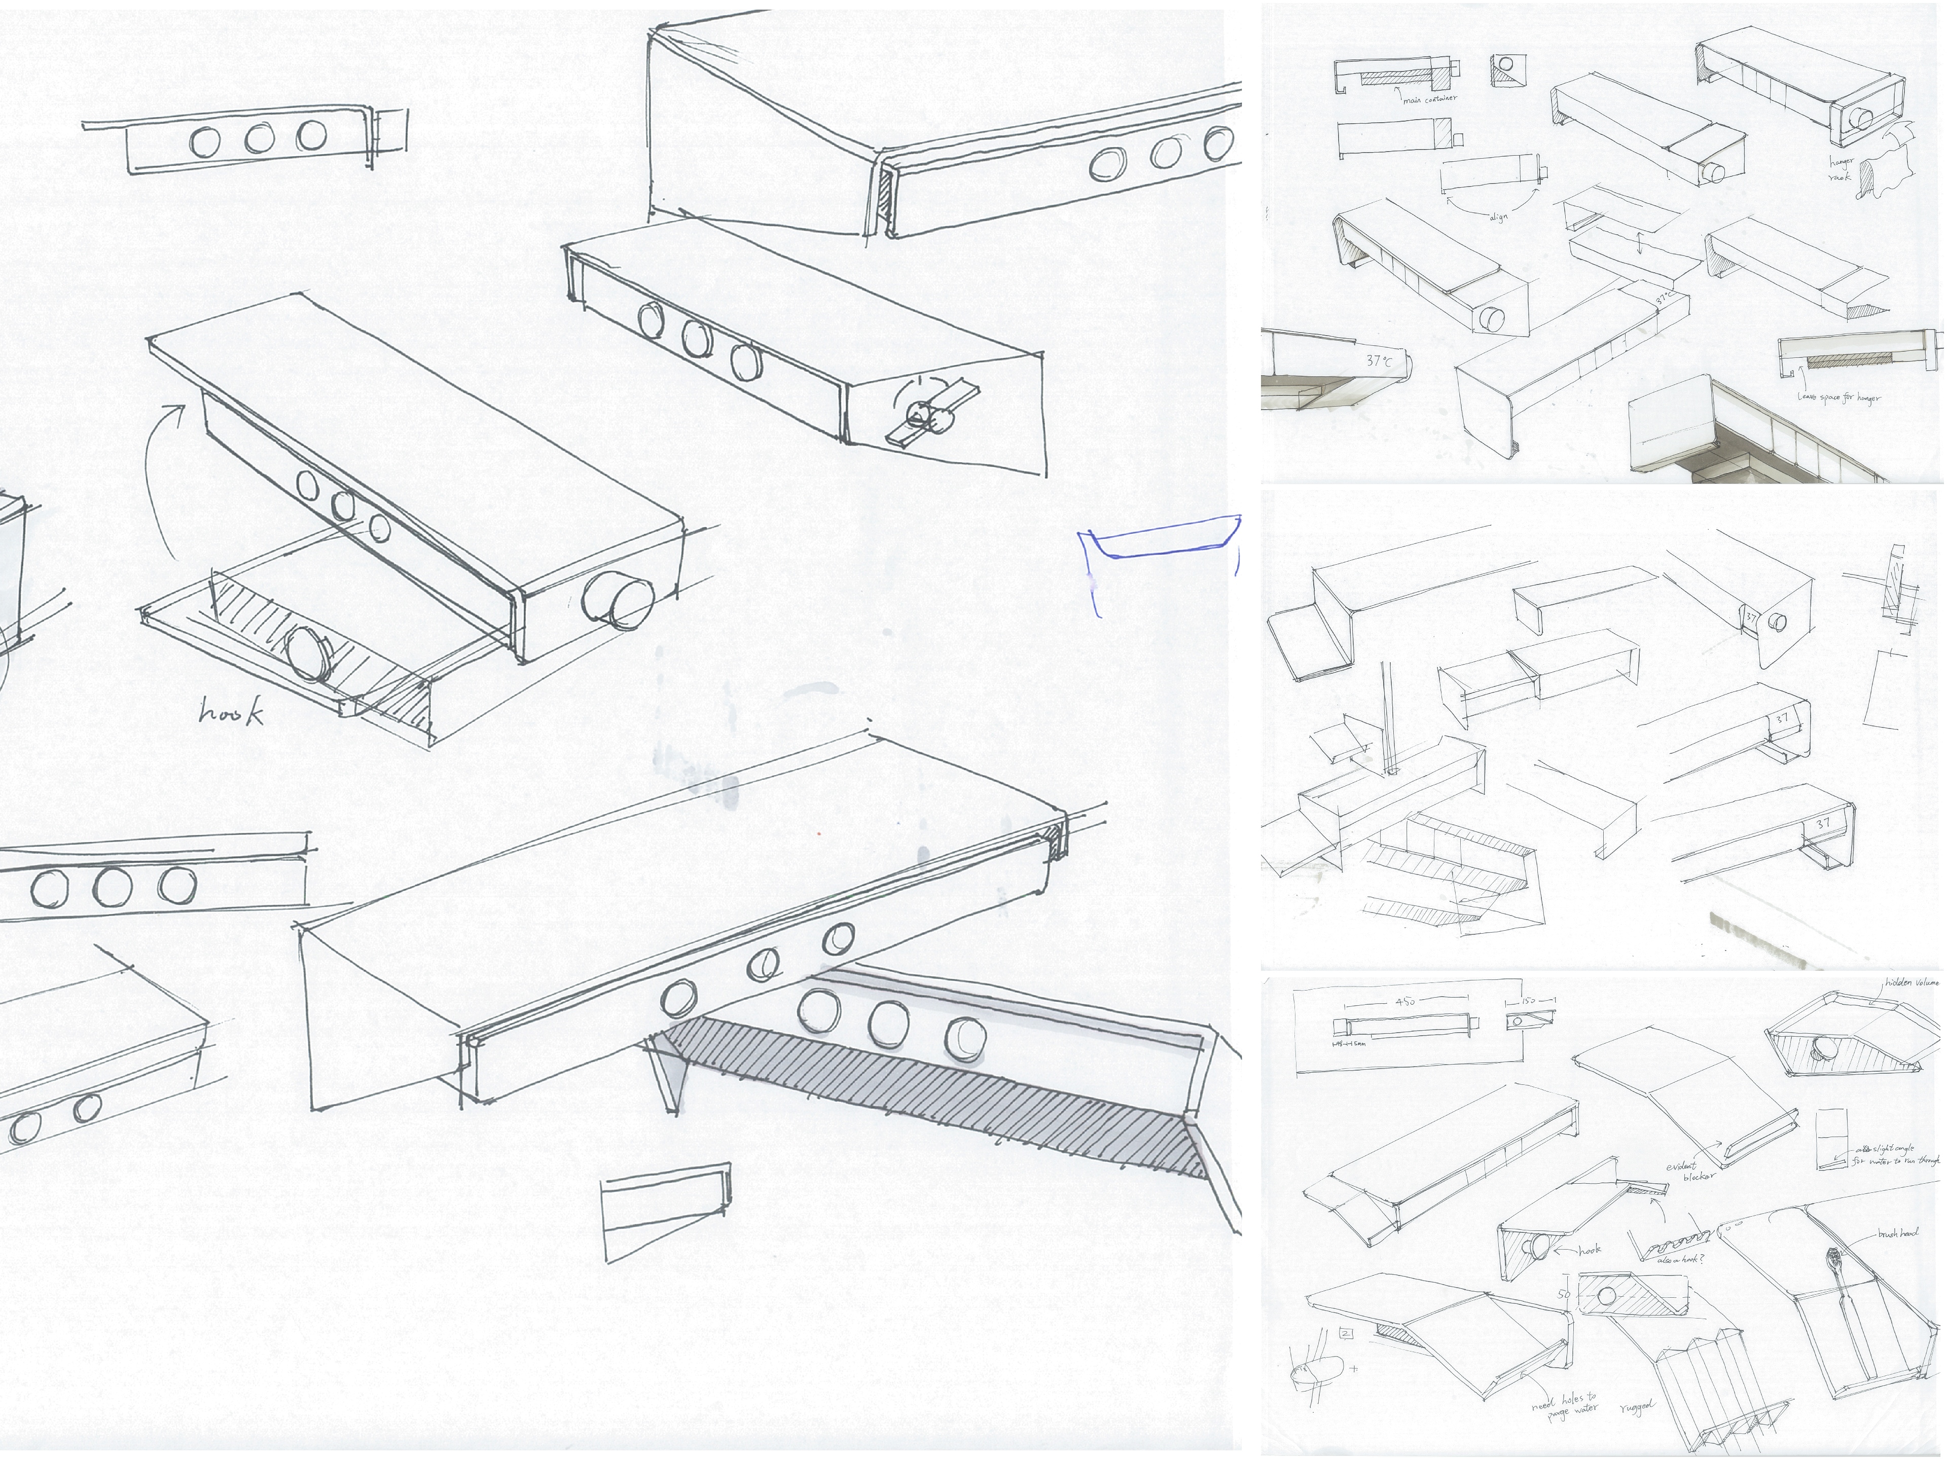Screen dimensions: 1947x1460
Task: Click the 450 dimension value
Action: point(1405,1002)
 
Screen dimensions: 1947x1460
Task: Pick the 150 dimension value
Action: point(1528,1001)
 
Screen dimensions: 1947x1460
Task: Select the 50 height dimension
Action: point(1564,1294)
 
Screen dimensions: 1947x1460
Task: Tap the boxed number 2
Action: point(1346,1333)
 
